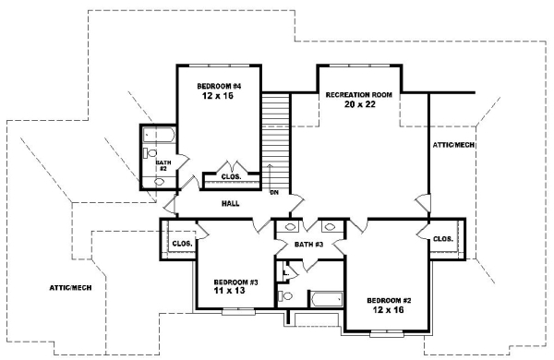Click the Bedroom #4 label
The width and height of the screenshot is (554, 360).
[218, 85]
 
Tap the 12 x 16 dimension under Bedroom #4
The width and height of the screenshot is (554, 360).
[218, 96]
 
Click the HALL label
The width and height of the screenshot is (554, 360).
[231, 203]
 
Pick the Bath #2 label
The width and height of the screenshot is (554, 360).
[161, 165]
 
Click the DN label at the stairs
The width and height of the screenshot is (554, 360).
[274, 193]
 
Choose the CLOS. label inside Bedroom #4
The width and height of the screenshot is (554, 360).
[231, 176]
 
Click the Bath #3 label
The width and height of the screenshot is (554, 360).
[307, 245]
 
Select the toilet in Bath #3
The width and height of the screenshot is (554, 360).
[286, 296]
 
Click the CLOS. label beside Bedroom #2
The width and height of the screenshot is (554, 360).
[443, 239]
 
